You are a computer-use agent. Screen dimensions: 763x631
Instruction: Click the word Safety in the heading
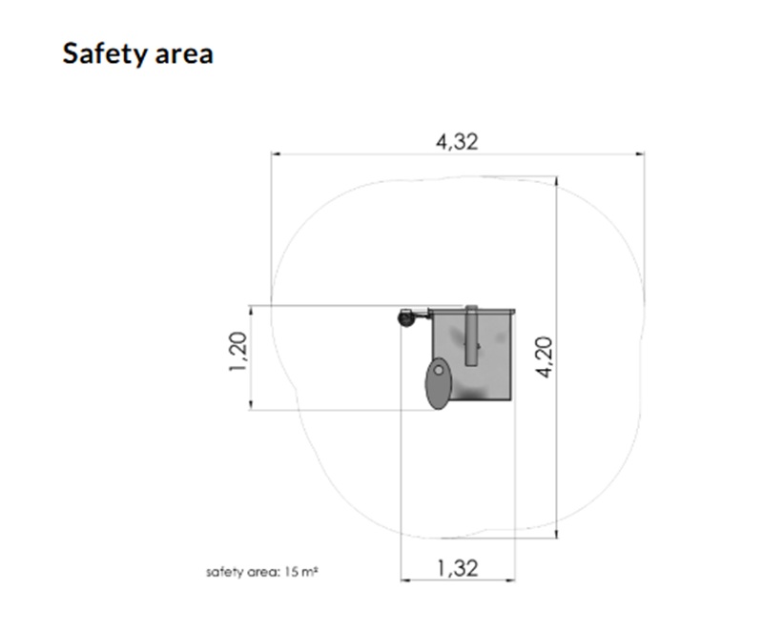coord(104,53)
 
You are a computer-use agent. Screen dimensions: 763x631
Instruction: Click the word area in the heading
coord(184,55)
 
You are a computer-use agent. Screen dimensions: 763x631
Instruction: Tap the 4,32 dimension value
coord(457,142)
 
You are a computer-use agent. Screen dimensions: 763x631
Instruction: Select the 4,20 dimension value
coord(545,357)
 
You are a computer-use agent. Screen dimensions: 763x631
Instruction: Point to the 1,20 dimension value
coord(237,352)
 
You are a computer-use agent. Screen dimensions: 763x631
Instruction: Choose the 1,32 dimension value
coord(458,568)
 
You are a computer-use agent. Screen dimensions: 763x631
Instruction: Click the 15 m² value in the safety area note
coord(300,572)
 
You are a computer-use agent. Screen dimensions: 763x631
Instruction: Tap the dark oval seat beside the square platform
coord(439,383)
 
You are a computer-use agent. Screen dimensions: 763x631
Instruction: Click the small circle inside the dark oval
coord(439,371)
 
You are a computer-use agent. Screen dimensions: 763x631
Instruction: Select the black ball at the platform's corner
coord(405,318)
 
